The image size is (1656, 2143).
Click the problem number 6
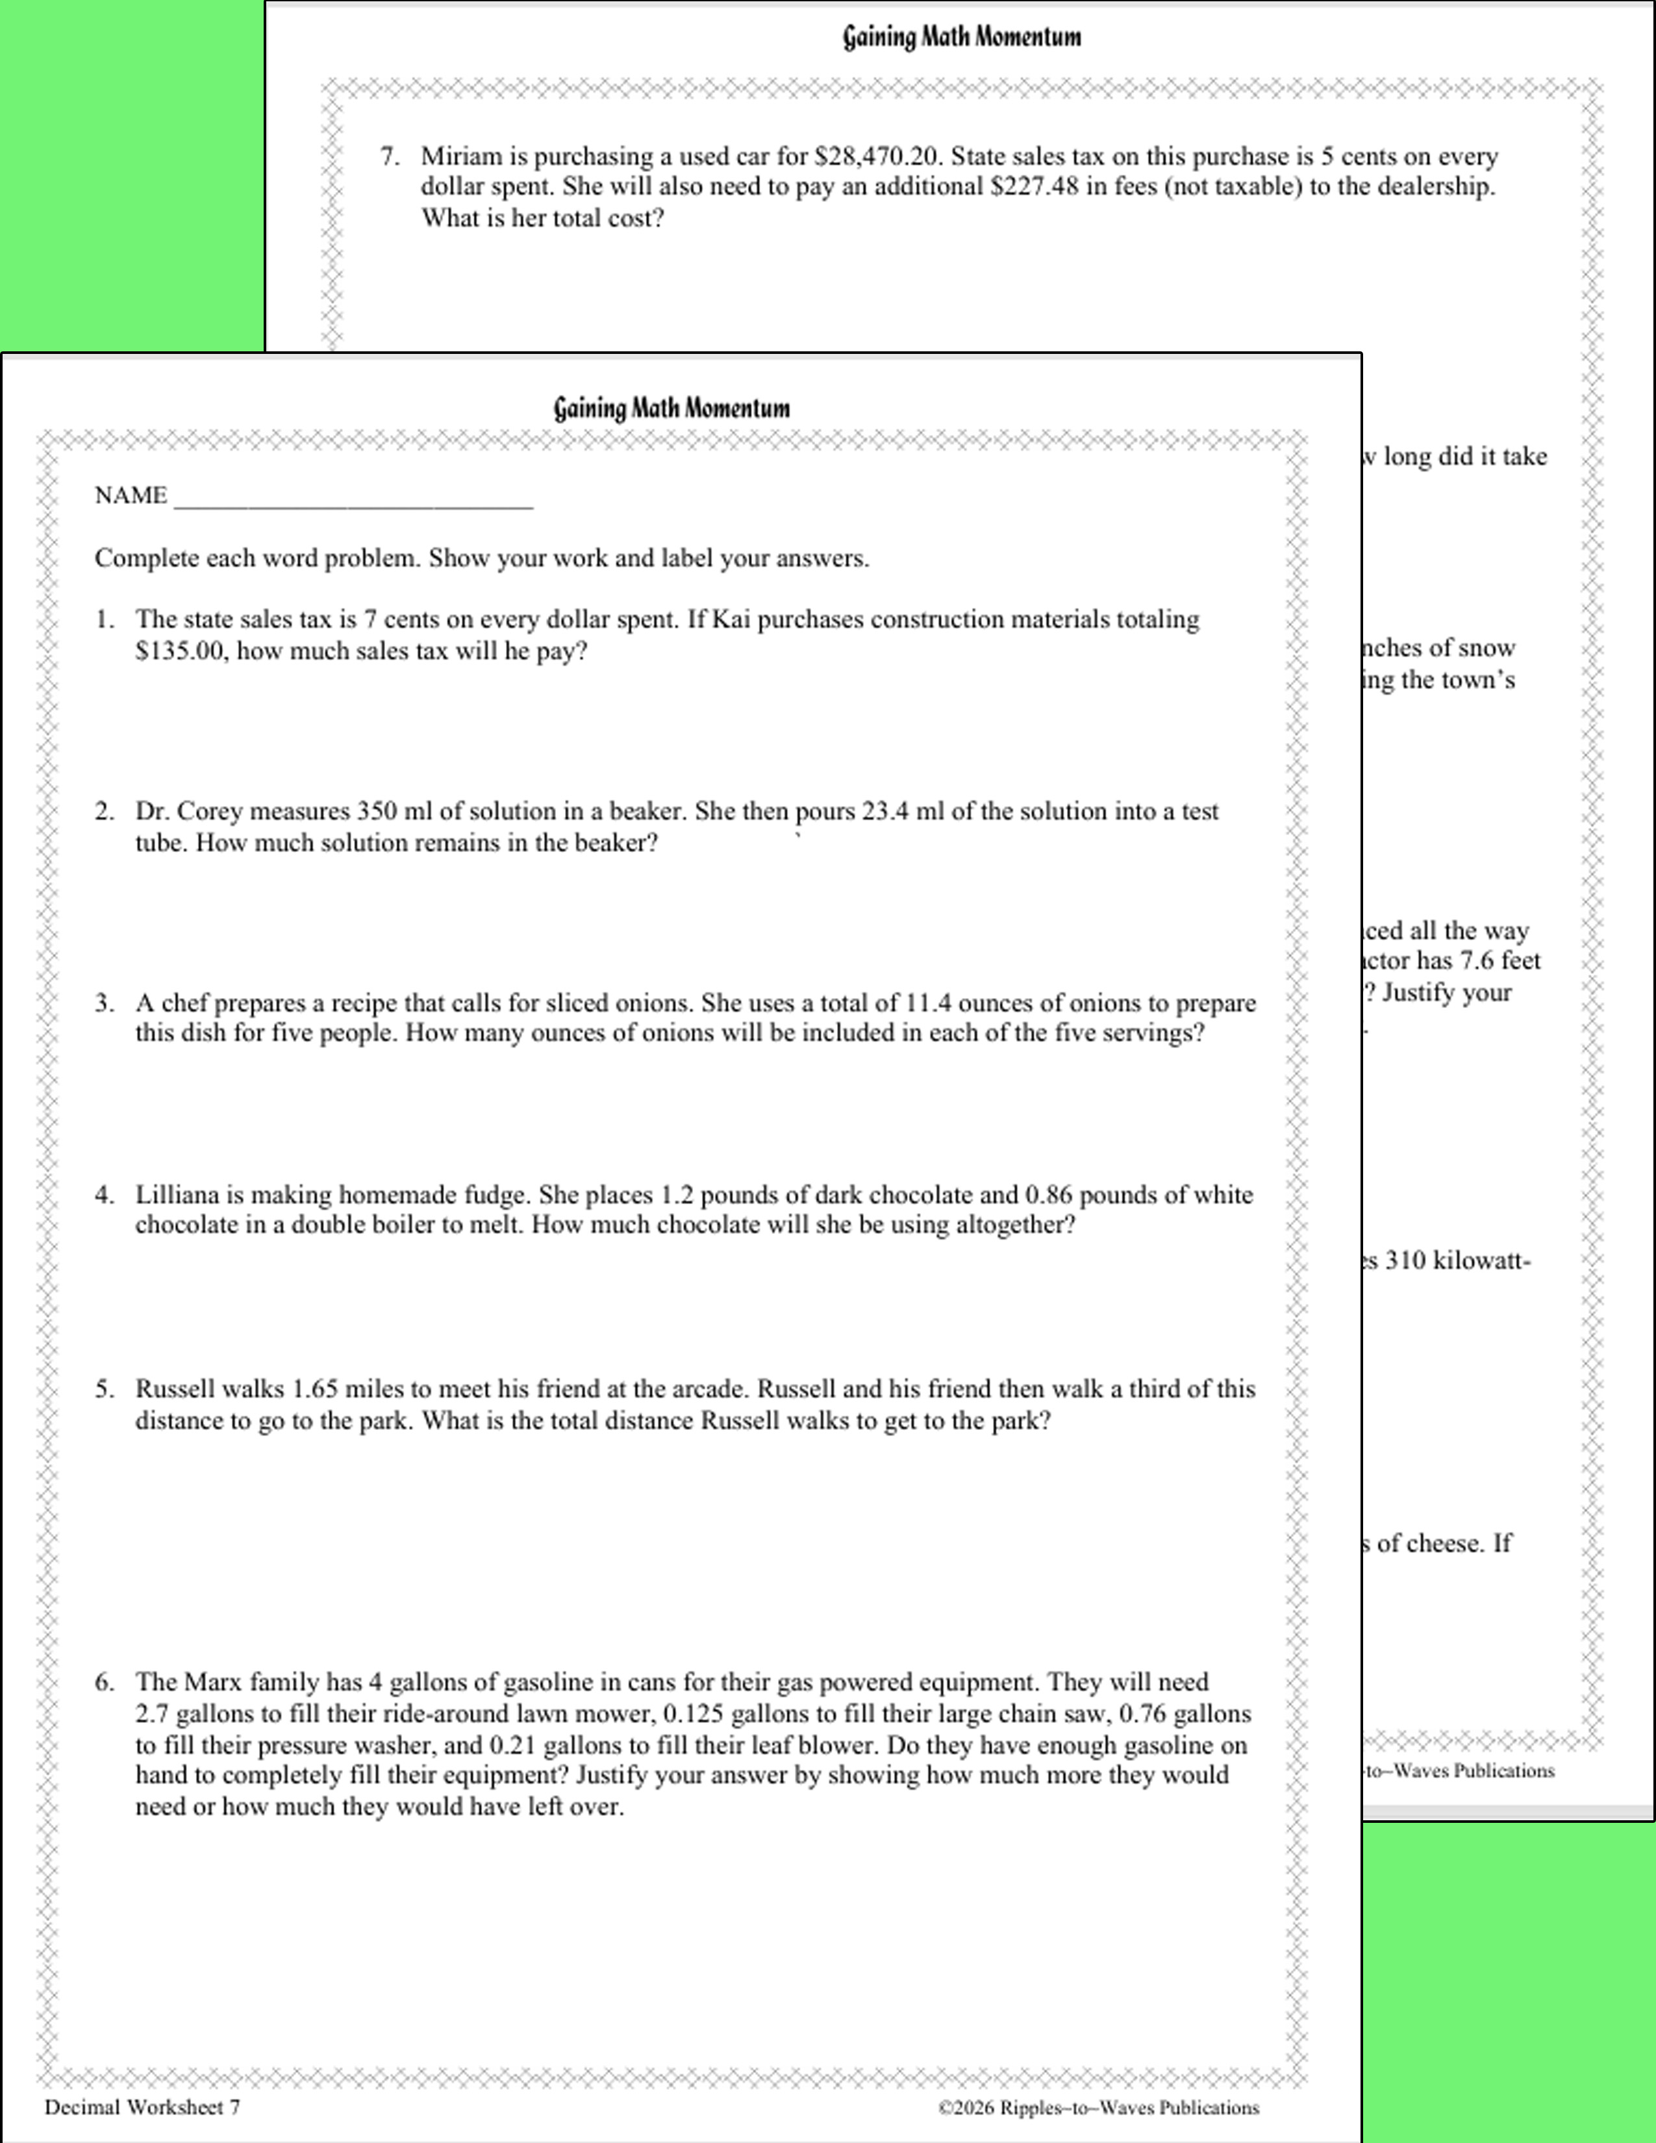[x=104, y=1682]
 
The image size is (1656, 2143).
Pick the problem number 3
[x=104, y=1003]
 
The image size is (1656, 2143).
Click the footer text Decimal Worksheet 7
[x=142, y=2107]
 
